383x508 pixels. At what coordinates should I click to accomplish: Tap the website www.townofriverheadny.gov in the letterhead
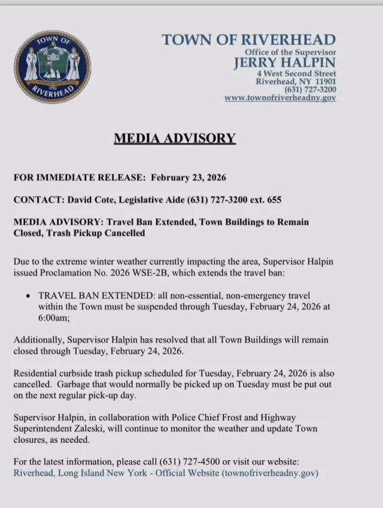point(280,97)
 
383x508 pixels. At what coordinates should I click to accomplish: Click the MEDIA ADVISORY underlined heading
point(175,139)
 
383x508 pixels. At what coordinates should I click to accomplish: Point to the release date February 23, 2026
point(188,178)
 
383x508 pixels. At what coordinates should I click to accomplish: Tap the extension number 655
point(274,200)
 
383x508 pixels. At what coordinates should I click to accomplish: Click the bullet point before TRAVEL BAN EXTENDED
point(29,296)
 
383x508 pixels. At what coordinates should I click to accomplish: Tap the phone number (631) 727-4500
point(196,462)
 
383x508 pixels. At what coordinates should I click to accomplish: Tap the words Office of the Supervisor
point(290,53)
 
